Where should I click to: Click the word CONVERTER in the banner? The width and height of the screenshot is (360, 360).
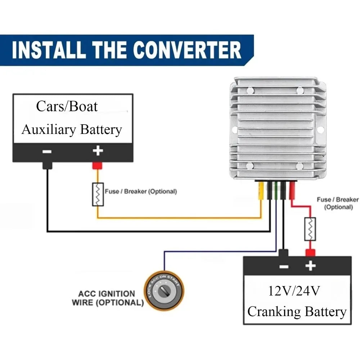187,50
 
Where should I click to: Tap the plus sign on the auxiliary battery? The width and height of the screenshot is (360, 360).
98,151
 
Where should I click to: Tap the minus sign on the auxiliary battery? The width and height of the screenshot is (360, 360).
47,152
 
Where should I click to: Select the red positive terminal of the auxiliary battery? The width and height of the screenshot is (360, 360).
97,166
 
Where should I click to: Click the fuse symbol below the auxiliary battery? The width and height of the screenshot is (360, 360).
98,194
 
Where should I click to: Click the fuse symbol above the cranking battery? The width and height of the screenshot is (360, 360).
310,229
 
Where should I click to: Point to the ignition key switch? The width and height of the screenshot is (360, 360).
164,291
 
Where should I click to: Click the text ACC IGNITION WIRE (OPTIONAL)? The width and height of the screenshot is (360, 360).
108,298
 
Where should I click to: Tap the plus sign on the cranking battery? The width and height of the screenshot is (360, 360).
310,266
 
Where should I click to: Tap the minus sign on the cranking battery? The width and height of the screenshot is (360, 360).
284,267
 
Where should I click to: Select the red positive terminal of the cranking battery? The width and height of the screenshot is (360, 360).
310,253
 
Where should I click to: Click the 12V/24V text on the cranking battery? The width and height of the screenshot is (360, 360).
294,291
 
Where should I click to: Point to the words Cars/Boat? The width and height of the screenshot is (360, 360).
67,106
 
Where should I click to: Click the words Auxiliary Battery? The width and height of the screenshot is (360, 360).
72,130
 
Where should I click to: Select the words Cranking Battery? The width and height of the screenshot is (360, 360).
297,312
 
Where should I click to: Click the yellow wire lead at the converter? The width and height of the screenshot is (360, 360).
261,190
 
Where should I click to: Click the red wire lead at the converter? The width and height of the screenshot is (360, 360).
292,190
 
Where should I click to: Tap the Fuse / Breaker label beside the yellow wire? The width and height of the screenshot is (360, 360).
141,192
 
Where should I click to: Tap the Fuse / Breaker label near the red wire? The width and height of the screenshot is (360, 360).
338,203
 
